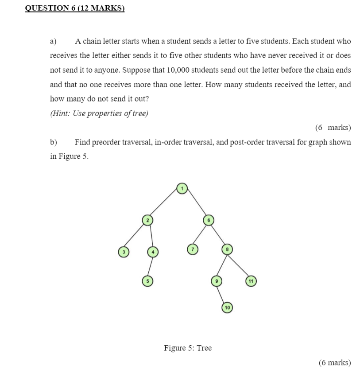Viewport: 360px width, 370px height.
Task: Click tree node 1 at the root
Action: pos(182,189)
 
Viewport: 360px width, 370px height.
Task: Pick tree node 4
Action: pos(152,252)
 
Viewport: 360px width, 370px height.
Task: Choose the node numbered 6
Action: pos(209,220)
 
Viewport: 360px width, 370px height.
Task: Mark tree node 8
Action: pos(227,249)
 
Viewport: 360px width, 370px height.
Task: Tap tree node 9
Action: pos(216,280)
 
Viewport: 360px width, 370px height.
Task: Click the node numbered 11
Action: pos(251,280)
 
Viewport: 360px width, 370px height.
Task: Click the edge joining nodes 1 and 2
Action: pos(164,205)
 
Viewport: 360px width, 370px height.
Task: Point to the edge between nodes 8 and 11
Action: pos(239,265)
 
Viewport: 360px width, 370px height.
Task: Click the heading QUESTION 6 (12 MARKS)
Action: pos(75,8)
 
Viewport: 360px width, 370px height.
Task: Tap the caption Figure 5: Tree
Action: pos(188,348)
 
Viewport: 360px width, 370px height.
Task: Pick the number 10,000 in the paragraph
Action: pos(180,70)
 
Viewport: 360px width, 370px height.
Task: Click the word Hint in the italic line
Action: pos(60,113)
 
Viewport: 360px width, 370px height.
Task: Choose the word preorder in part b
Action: pos(106,142)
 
